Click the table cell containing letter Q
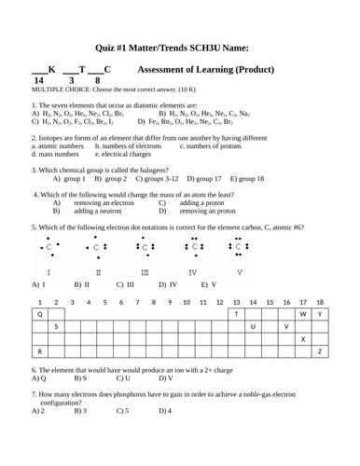(40, 315)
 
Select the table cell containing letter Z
(320, 351)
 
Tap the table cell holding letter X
(303, 339)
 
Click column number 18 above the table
(320, 302)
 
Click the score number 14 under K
(38, 81)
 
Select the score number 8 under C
(97, 81)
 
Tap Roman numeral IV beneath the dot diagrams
(193, 272)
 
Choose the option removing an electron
(100, 202)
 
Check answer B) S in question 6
(80, 378)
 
